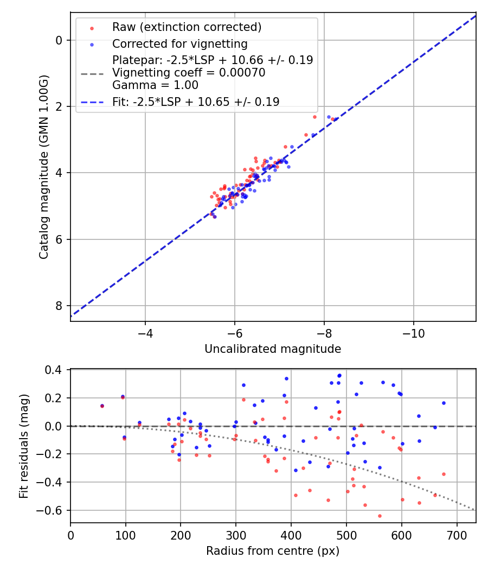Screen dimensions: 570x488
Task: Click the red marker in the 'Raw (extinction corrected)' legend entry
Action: [x=92, y=27]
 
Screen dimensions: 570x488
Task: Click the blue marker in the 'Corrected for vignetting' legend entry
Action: [x=92, y=44]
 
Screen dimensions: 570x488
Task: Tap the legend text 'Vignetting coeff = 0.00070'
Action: [x=189, y=73]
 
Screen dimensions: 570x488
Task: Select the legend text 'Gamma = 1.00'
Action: [x=155, y=85]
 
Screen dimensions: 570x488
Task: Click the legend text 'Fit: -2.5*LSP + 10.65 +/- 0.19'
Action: [x=196, y=102]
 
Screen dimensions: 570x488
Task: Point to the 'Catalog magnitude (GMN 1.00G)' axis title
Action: [x=44, y=167]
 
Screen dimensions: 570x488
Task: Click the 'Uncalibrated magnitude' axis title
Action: [x=273, y=349]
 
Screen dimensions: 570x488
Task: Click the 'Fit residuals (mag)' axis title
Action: [x=23, y=446]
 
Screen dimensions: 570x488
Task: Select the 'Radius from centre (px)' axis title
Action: [x=273, y=551]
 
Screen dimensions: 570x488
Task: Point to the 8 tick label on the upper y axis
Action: [x=60, y=306]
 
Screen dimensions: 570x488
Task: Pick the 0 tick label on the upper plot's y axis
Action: [x=60, y=40]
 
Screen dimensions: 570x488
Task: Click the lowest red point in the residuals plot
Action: [x=380, y=516]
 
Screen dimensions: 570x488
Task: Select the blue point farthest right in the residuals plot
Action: [x=444, y=403]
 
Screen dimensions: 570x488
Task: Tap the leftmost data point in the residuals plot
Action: [x=102, y=406]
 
